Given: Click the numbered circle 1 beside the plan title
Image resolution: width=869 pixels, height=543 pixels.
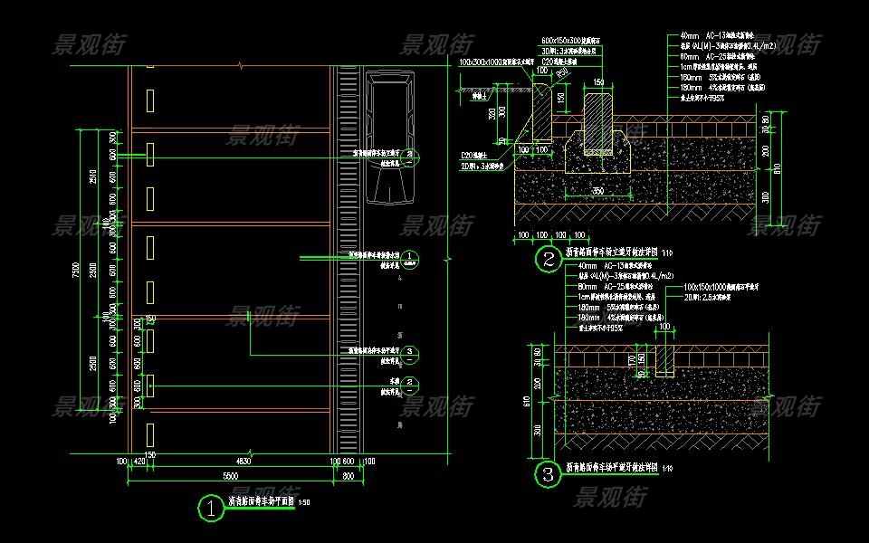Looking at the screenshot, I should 210,509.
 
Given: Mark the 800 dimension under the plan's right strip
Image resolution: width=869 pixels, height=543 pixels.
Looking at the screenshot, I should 349,476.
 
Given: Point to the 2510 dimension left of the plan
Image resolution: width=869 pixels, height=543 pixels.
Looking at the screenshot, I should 92,176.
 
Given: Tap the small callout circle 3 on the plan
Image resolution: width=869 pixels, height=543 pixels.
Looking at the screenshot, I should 410,351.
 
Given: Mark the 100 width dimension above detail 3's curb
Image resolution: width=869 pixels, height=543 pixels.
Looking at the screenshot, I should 664,327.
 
